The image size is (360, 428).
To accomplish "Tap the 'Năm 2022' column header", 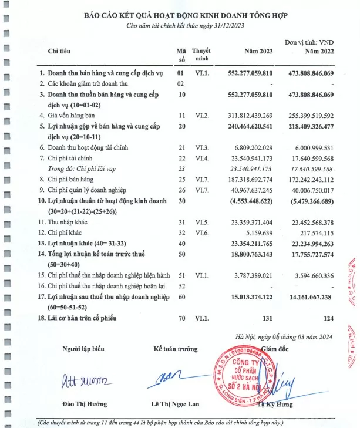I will [x=318, y=53].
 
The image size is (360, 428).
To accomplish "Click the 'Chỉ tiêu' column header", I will [x=59, y=53].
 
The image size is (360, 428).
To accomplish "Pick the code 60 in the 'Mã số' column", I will [x=181, y=282].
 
